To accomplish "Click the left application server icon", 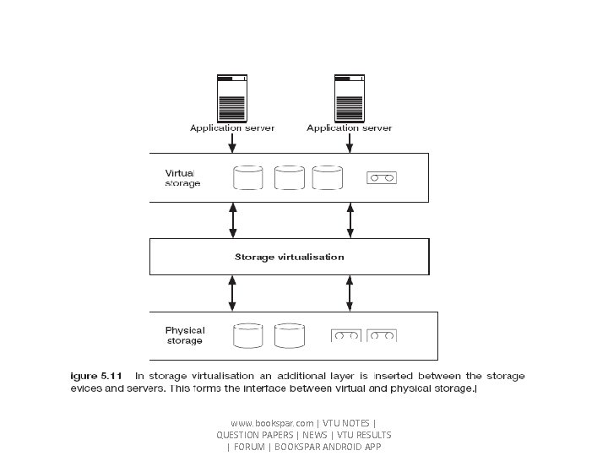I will coord(232,99).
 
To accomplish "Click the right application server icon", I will coord(349,99).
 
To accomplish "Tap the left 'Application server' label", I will coord(232,128).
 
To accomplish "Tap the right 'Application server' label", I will coord(349,128).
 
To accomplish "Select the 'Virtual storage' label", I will coord(182,178).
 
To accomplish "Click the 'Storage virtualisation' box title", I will coord(289,257).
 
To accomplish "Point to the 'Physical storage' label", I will coord(185,335).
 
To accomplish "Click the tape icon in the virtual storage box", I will coord(382,178).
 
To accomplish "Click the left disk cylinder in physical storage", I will coord(247,335).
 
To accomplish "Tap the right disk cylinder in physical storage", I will coord(289,335).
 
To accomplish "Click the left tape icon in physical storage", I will coord(345,335).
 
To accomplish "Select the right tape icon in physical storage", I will coord(381,335).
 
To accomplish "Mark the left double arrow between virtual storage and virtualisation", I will coord(232,220).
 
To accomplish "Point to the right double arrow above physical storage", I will coord(349,293).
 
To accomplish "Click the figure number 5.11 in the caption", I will coord(111,376).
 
